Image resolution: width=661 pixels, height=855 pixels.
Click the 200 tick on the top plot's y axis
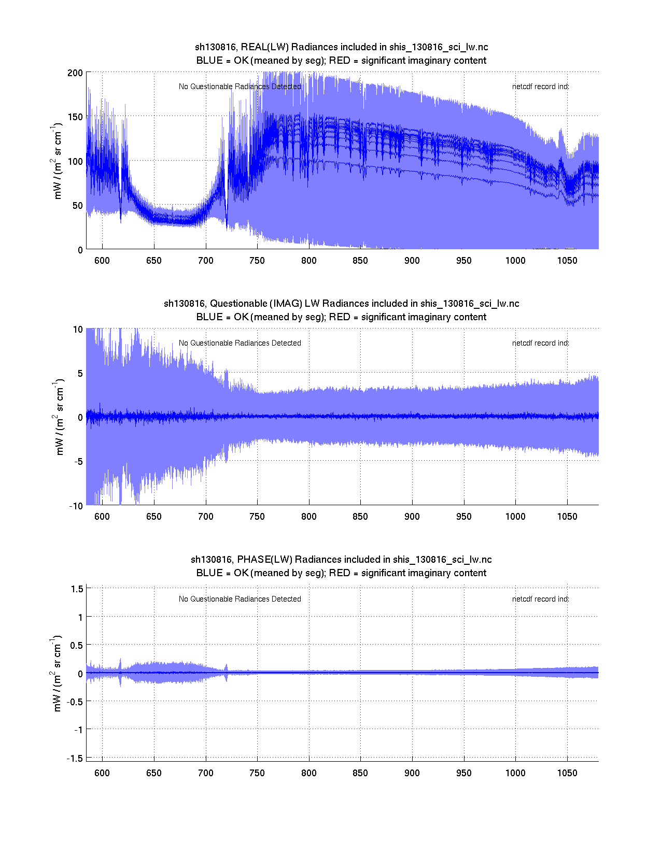click(75, 73)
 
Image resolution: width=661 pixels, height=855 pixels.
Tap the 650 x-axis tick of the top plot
click(154, 261)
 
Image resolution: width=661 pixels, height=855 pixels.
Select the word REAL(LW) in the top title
click(264, 47)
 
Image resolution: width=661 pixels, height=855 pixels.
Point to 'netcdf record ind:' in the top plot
click(540, 87)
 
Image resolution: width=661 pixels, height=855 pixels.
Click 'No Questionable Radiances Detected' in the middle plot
click(240, 343)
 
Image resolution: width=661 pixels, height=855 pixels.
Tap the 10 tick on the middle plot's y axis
click(78, 330)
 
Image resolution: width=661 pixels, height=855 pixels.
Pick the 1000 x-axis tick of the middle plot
click(515, 517)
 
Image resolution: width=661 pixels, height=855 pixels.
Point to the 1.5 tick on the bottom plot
click(77, 589)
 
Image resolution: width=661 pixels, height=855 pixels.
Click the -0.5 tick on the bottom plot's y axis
click(74, 702)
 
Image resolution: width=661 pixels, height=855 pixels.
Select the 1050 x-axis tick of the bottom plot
click(567, 773)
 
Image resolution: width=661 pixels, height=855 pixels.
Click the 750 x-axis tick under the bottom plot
click(257, 773)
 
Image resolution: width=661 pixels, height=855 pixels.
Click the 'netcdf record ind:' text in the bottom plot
click(540, 599)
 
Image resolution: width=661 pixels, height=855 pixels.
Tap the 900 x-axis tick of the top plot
click(412, 261)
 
